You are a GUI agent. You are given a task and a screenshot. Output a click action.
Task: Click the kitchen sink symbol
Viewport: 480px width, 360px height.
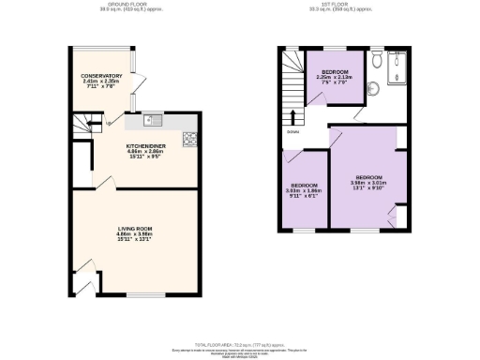tap(153, 120)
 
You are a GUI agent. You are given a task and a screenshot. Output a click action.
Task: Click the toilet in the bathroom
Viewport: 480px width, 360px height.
tap(376, 59)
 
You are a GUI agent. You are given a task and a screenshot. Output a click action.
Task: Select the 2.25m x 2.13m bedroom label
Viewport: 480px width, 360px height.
tap(336, 76)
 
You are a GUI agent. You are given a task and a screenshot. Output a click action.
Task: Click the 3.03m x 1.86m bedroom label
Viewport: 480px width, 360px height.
tap(304, 191)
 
